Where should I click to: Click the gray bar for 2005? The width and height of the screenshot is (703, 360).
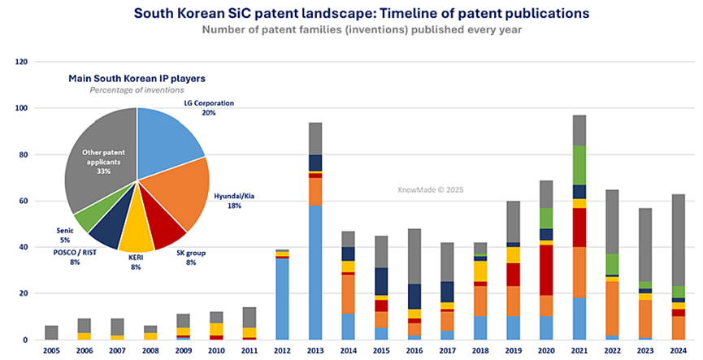tap(51, 332)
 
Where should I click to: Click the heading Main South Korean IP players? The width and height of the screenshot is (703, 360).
tap(136, 77)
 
